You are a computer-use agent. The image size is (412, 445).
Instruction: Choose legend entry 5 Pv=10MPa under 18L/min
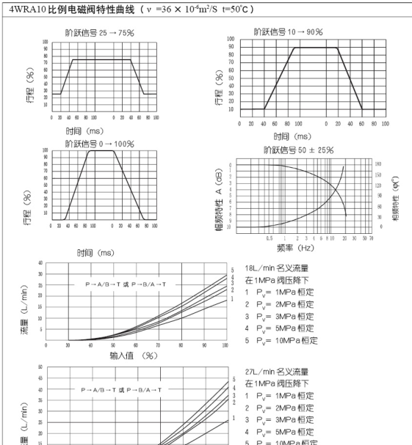click(x=281, y=340)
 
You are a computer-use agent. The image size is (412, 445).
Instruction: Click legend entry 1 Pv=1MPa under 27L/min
click(x=281, y=395)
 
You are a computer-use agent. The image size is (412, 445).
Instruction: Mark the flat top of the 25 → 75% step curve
click(x=101, y=59)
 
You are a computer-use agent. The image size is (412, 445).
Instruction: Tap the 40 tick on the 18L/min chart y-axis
click(x=40, y=262)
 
